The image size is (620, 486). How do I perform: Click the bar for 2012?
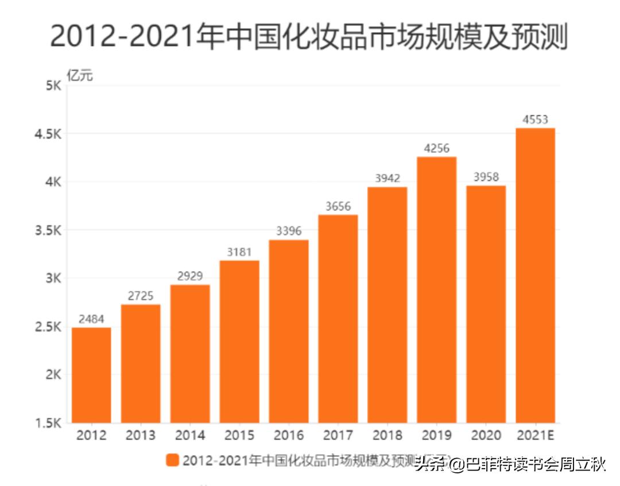[91, 375]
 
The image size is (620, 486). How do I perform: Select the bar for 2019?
[437, 290]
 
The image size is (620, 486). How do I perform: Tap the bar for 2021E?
[535, 276]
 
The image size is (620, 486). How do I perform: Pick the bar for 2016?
[289, 331]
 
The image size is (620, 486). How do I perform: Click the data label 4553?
[535, 120]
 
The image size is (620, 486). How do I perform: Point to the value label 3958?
[486, 178]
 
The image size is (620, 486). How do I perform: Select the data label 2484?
[91, 319]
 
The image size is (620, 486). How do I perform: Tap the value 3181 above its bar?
[239, 252]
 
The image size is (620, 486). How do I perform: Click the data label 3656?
[338, 207]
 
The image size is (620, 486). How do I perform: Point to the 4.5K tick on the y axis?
[49, 134]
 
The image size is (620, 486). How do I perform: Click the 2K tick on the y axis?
[53, 375]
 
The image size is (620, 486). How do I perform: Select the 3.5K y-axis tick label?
[49, 230]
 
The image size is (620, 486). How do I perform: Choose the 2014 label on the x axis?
[190, 435]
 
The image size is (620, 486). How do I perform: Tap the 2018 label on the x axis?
[387, 435]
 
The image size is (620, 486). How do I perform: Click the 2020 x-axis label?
[486, 435]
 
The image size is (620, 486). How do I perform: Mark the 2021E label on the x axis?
[535, 435]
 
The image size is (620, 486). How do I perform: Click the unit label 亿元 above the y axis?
[79, 75]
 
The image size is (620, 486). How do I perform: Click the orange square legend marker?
[172, 460]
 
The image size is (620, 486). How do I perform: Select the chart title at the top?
[309, 36]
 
